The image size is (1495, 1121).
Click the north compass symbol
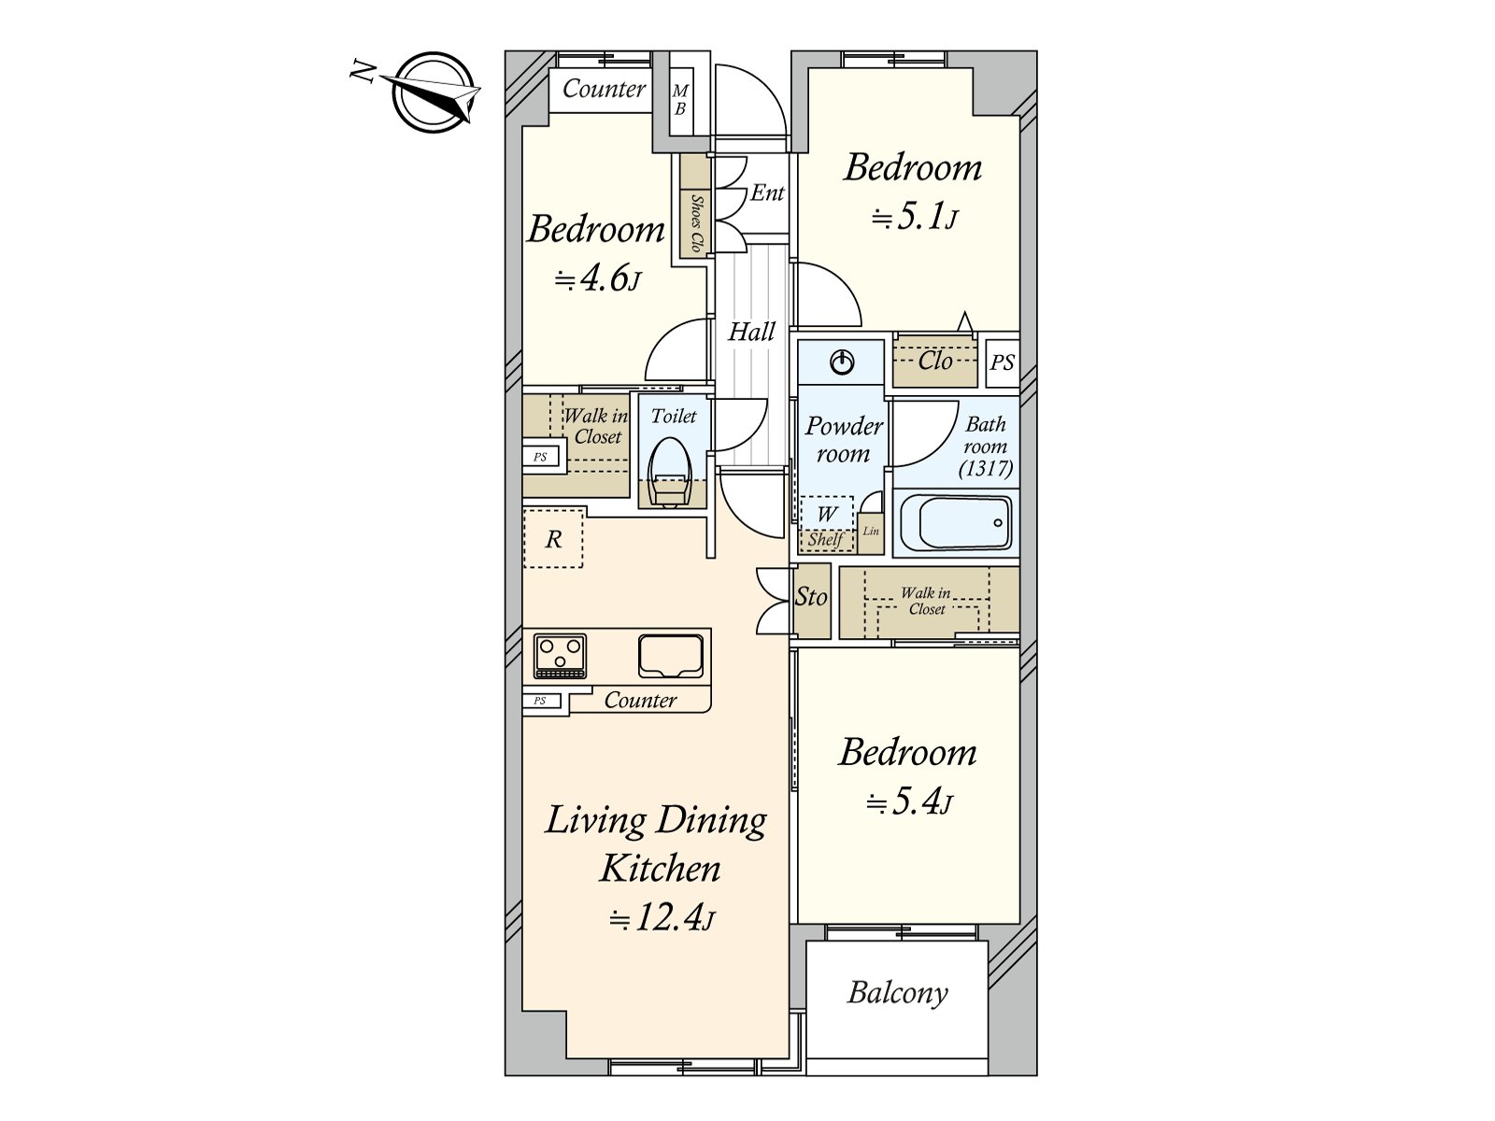point(434,92)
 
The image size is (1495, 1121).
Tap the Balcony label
point(897,993)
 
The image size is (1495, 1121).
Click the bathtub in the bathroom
point(956,522)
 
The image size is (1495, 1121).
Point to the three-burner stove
point(560,656)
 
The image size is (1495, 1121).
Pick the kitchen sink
point(671,656)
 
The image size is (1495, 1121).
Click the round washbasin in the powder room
point(843,362)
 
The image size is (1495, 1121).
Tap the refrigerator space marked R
point(553,538)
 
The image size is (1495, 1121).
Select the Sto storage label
point(811,597)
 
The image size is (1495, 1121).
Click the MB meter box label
point(679,99)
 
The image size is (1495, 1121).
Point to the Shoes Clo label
point(696,223)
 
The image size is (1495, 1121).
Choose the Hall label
point(751,333)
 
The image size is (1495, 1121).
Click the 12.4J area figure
point(662,919)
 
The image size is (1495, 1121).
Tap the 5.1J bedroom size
point(916,218)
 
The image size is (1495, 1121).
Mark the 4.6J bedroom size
point(598,279)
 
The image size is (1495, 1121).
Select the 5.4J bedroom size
point(909,803)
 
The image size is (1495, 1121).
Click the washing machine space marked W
point(826,514)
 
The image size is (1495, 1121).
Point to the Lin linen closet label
point(871,531)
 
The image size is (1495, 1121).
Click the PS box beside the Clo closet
point(1003,362)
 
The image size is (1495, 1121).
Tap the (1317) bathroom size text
point(986,469)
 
